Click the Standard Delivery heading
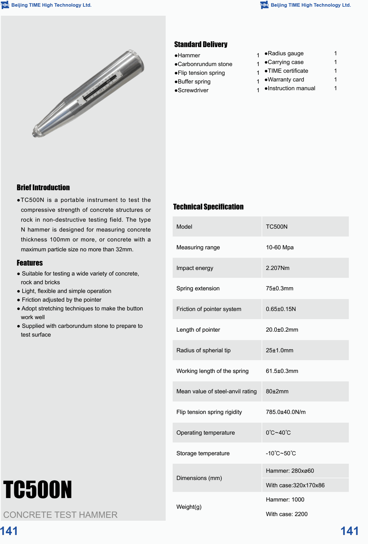click(x=201, y=45)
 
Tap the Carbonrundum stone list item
click(x=205, y=64)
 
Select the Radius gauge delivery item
click(x=285, y=54)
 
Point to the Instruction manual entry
click(x=291, y=88)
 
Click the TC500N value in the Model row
click(x=277, y=227)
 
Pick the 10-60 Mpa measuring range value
click(x=280, y=247)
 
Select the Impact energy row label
click(x=195, y=268)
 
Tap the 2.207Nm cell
click(x=278, y=268)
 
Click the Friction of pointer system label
click(x=209, y=309)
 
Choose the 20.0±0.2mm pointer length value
click(x=282, y=330)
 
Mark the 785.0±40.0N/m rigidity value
click(x=286, y=412)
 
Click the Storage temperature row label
click(x=203, y=453)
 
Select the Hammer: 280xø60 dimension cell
click(x=290, y=471)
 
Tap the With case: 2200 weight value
click(x=287, y=514)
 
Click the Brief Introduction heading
click(x=43, y=188)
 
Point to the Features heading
click(x=30, y=263)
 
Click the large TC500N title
click(x=37, y=490)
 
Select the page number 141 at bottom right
click(x=349, y=531)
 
